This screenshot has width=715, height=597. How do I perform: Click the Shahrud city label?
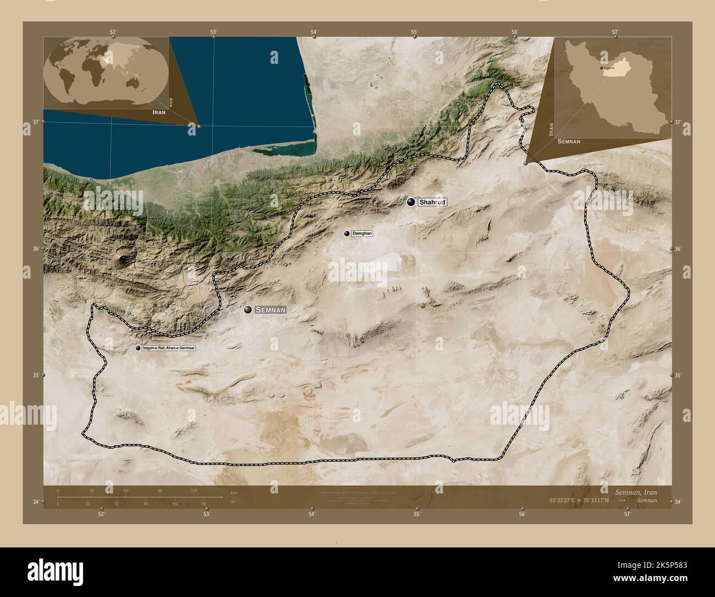pyautogui.click(x=432, y=203)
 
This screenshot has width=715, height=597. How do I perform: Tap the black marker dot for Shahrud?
pyautogui.click(x=411, y=202)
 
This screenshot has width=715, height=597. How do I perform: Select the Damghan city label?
pyautogui.click(x=362, y=234)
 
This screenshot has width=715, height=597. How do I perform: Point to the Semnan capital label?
pyautogui.click(x=270, y=310)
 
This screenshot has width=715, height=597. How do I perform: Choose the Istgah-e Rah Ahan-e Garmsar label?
pyautogui.click(x=168, y=349)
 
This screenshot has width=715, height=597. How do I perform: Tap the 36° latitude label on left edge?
pyautogui.click(x=36, y=249)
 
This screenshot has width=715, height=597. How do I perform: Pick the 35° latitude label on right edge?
pyautogui.click(x=678, y=375)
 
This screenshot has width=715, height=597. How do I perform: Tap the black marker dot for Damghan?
pyautogui.click(x=346, y=234)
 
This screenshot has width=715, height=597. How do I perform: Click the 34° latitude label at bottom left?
pyautogui.click(x=36, y=502)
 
